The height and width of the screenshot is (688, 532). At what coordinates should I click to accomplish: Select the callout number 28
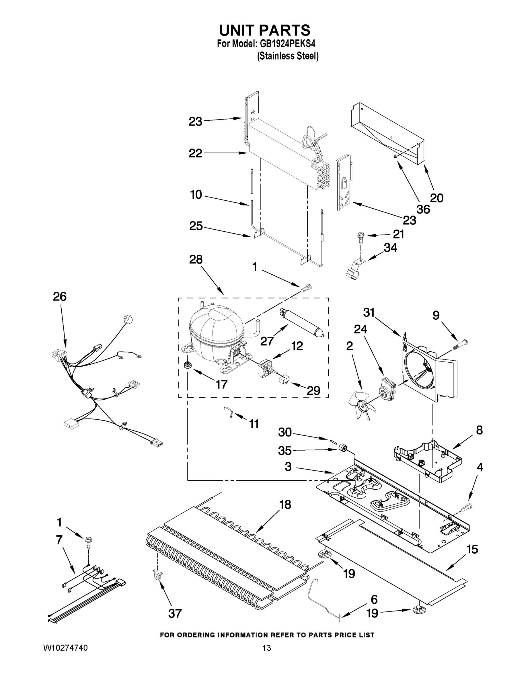click(195, 259)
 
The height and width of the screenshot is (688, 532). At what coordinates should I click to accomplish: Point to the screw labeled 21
click(360, 238)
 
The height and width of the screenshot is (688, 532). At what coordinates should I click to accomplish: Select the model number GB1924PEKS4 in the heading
click(288, 44)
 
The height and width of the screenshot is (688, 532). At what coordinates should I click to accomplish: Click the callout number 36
click(423, 209)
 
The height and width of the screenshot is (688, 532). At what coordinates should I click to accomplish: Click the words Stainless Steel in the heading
click(288, 56)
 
